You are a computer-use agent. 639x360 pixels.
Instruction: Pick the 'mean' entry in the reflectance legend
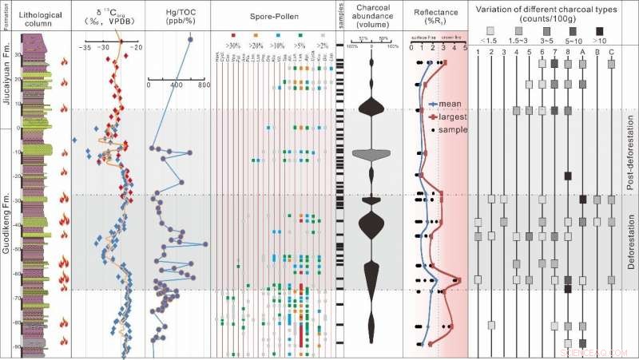point(450,104)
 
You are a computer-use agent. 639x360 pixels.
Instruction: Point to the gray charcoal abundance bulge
point(371,153)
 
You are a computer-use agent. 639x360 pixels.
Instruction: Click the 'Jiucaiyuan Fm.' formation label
point(7,77)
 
